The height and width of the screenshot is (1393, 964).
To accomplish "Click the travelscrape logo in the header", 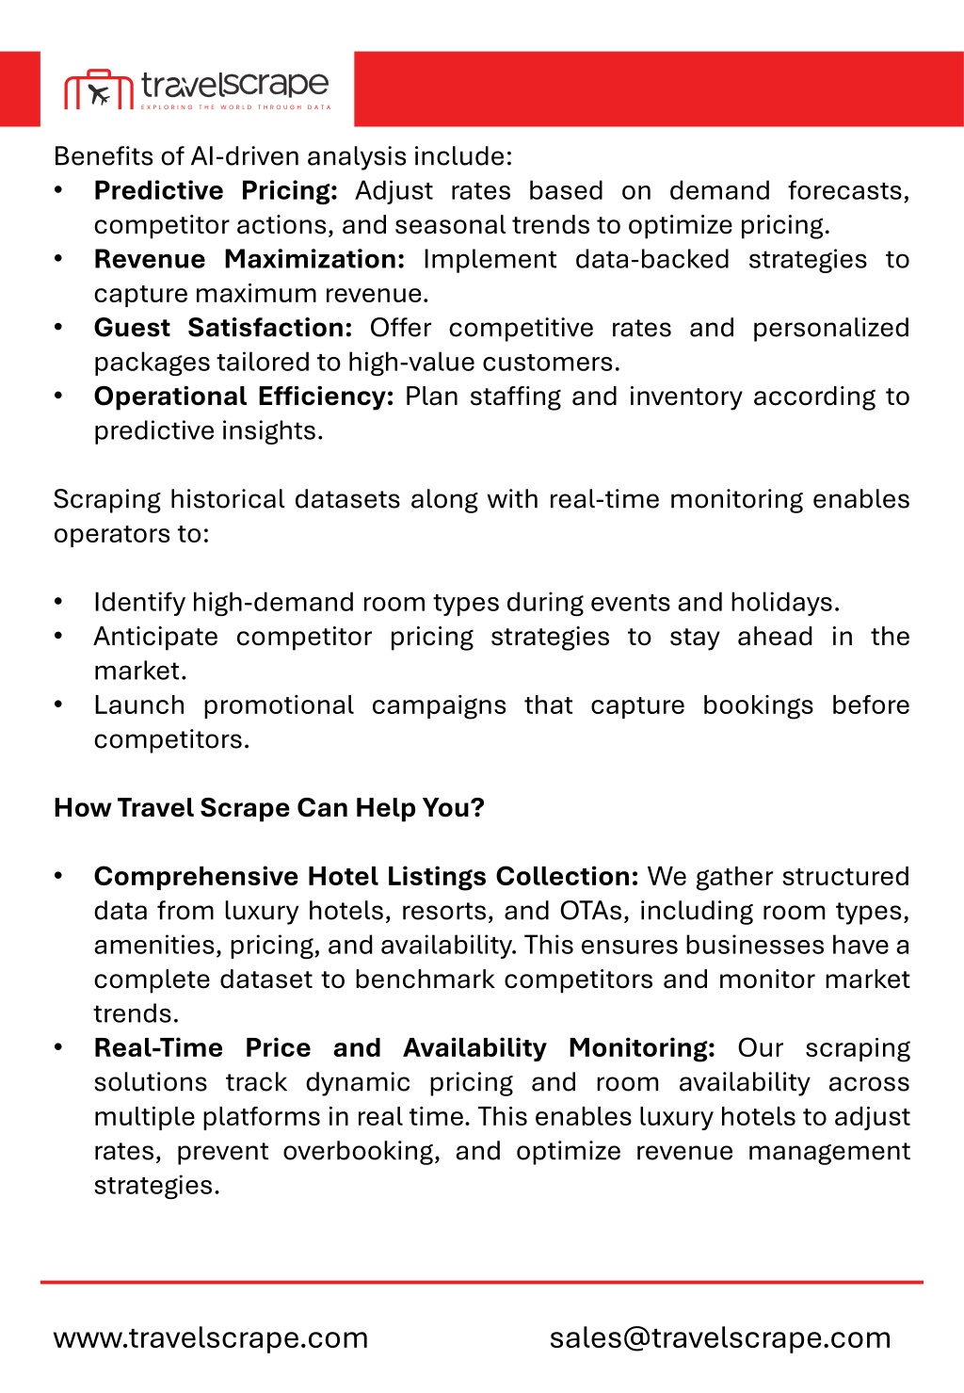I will point(198,89).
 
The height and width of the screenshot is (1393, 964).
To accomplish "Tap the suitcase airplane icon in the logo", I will point(99,91).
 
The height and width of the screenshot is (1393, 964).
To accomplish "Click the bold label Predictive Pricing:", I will point(216,190).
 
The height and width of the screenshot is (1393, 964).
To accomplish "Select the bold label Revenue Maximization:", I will point(249,259).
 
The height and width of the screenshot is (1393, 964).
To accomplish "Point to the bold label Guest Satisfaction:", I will point(223,328).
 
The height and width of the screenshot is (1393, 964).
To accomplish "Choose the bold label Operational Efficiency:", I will point(244,397).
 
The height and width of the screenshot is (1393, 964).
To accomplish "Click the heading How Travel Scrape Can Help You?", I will point(269,808).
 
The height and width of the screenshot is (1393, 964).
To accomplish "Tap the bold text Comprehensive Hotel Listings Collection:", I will point(366,877).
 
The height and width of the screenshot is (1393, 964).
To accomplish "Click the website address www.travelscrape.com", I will point(211,1337).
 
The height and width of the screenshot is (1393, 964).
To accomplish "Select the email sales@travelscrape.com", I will point(720,1337).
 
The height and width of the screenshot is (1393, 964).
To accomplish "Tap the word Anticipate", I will point(155,637).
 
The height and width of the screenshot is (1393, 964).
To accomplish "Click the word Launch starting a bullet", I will point(139,705).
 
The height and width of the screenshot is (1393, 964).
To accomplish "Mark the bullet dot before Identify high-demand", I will point(58,602).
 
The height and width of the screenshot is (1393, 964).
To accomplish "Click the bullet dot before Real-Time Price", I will point(58,1047).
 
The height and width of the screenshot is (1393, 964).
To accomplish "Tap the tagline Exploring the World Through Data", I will point(236,107).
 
